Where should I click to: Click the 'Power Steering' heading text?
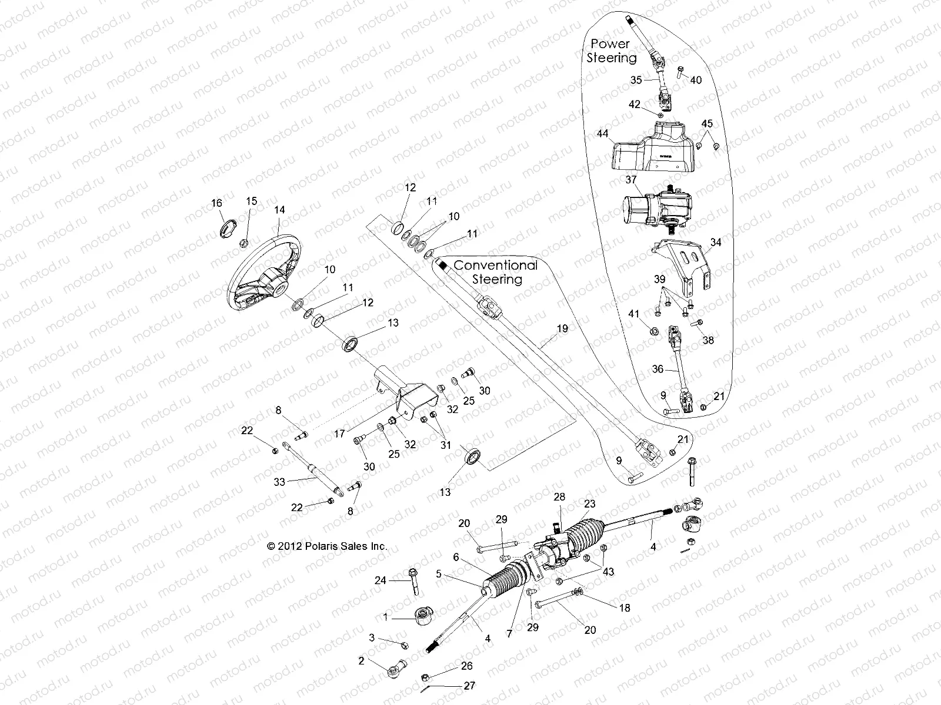coord(611,51)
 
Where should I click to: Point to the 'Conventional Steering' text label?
coord(496,273)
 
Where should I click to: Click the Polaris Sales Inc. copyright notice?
coord(327,546)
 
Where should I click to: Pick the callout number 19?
coord(562,329)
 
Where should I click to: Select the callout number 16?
coord(216,203)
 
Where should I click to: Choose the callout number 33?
coord(279,482)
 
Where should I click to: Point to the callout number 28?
coord(559,497)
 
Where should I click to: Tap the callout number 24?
coord(381,580)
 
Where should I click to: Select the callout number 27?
coord(469,685)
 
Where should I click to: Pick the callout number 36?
coord(658,369)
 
